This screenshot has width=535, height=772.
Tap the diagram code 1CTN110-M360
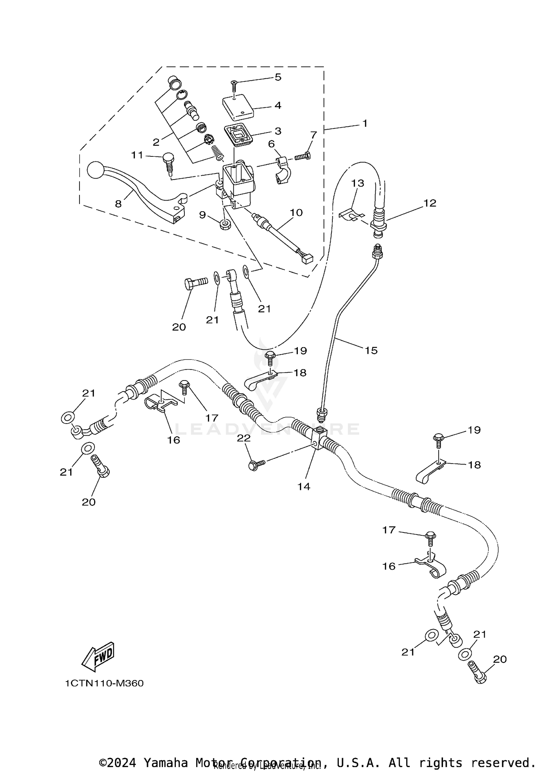pos(104,683)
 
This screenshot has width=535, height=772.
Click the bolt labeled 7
pos(303,156)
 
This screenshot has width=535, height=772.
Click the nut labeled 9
pos(225,225)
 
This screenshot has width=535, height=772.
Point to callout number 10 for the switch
pos(296,213)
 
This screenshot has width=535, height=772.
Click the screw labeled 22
pos(256,464)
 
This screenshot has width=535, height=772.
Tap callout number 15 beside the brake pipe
pos(371,350)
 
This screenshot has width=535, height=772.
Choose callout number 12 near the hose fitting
pos(430,203)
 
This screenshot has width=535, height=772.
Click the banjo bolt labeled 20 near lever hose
pos(195,283)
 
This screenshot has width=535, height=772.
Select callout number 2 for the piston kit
pos(156,142)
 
